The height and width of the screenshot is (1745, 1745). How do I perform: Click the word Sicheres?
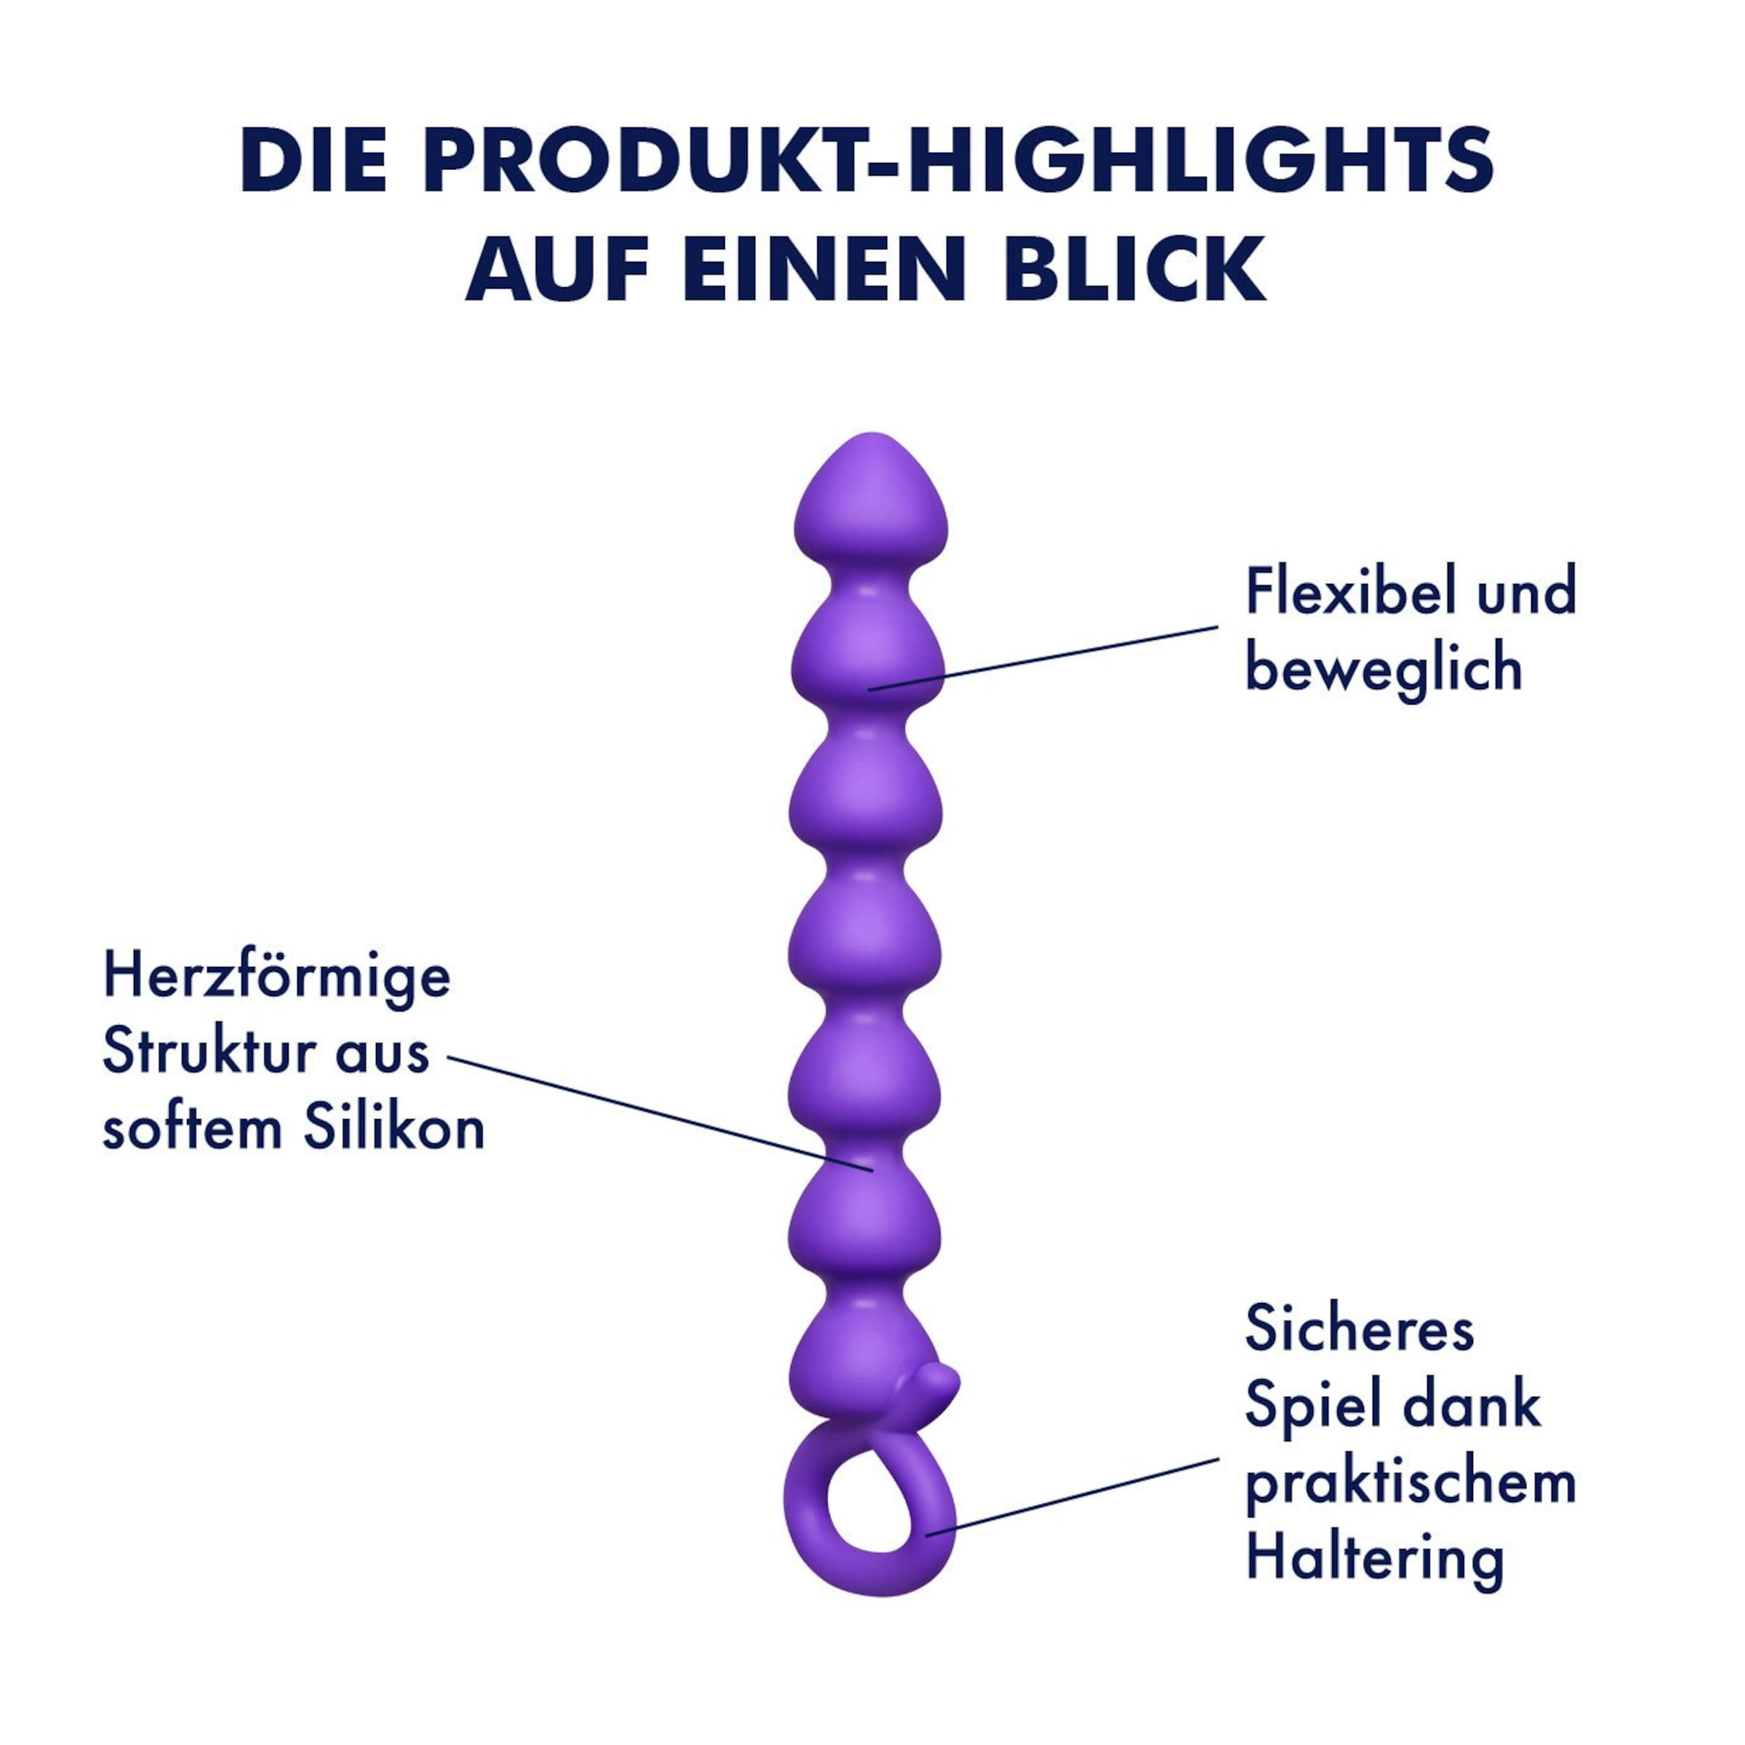coord(1360,1328)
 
